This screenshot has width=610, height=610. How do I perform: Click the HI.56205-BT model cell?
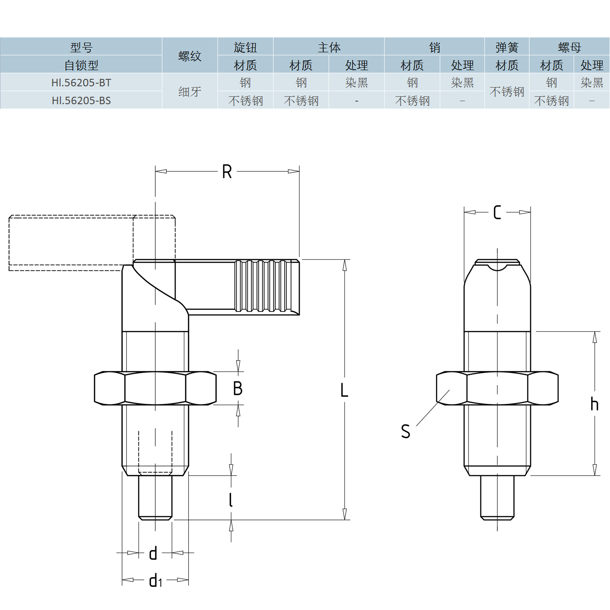pos(81,83)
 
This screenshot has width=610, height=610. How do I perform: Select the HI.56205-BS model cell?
pos(81,100)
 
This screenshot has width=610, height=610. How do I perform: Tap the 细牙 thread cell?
pos(190,91)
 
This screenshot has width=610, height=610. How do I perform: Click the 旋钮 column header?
pos(245,47)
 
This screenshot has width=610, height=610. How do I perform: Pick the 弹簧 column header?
pos(507,47)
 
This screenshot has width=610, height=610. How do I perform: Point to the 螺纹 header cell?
pos(190,56)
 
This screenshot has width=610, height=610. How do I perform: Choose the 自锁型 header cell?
pos(81,65)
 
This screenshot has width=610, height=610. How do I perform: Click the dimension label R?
pos(227,172)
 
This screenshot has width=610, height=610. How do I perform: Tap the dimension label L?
pos(344,390)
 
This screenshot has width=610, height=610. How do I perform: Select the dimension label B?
pos(238,388)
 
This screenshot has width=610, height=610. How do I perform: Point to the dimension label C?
pos(497,212)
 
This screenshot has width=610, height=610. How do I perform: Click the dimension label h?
pos(594,404)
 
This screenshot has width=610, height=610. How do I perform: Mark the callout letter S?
pos(405,431)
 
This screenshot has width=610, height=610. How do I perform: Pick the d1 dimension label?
pos(155,580)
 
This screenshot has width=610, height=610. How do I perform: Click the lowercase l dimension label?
pos(231,499)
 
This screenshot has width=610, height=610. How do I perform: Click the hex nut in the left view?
pos(155,388)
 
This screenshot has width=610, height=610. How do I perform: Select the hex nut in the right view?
pos(497,388)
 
